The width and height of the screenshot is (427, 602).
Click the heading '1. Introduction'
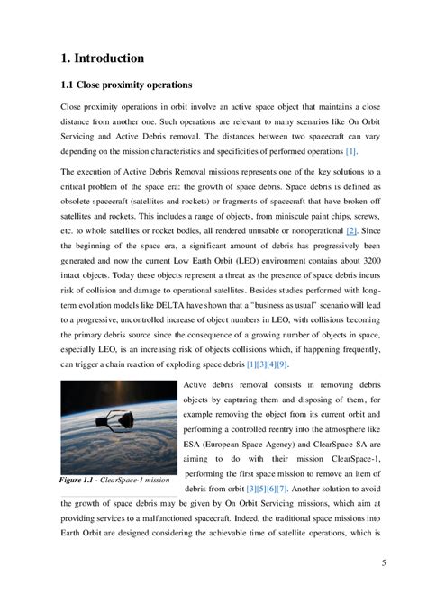pos(101,58)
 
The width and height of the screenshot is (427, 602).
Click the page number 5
pos(384,563)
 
